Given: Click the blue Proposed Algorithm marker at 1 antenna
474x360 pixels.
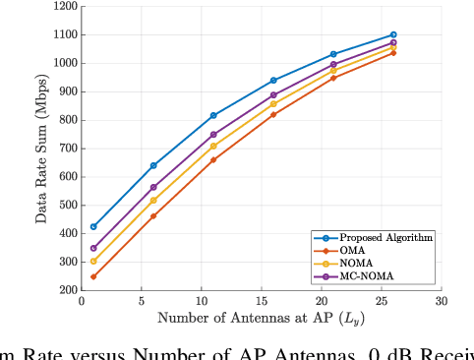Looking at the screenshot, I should pos(93,226).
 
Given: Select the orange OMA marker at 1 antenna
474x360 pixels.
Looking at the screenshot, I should pos(93,276).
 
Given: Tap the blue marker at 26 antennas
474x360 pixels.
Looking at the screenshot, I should pos(393,34).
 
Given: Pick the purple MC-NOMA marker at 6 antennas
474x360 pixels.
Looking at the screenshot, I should pos(153,187).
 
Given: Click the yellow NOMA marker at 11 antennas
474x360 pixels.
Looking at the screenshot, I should pos(213,146).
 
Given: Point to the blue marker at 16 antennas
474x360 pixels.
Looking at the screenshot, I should pos(273,81).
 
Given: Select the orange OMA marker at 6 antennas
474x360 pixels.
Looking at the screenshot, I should pos(153,215).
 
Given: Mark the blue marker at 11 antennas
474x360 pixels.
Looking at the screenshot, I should pos(213,115).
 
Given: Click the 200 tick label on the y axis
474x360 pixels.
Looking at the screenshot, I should pos(67,290).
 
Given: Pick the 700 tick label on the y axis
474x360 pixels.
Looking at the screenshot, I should pos(67,149).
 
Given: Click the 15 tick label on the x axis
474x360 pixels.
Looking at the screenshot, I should pos(262,302).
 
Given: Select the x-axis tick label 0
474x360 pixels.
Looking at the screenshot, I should pos(82,302).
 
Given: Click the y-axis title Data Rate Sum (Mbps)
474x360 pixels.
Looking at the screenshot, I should pos(42,148).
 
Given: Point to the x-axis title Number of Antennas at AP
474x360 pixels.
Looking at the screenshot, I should pos(262,319).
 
